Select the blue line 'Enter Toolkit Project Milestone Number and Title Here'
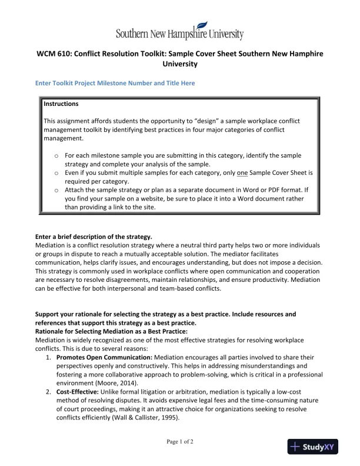(x=115, y=84)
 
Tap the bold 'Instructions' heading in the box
(x=61, y=104)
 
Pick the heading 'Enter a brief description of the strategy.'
(x=94, y=237)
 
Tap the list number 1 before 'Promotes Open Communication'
(x=48, y=357)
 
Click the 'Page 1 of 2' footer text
(x=179, y=441)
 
